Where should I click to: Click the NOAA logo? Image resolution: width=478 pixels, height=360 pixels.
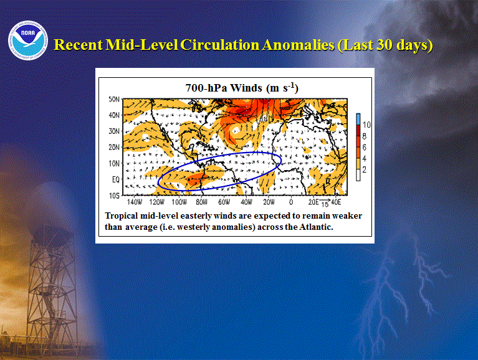pos(28,40)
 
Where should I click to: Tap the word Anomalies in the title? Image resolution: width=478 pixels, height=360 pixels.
pos(298,45)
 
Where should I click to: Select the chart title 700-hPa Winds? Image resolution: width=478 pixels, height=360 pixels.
pos(224,88)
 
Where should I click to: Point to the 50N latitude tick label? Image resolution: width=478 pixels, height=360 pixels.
pos(113,99)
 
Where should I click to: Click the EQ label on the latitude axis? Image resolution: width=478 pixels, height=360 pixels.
pos(115,180)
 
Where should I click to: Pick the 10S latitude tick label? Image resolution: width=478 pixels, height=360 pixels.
pos(114,196)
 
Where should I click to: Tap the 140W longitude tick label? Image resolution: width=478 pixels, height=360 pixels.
pos(135,202)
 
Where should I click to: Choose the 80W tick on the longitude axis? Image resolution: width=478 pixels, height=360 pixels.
pos(201,202)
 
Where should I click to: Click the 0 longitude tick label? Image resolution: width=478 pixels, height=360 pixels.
pos(291,202)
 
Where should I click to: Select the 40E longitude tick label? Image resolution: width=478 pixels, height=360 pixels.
pos(336,202)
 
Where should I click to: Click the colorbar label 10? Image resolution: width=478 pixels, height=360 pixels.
pos(366,125)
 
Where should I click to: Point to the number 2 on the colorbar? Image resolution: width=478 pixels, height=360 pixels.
pos(365,169)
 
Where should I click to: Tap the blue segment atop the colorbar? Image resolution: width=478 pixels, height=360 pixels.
pos(358,119)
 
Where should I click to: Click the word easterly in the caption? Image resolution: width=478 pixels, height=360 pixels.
pos(196,216)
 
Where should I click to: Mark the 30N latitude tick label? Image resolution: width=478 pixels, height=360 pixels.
pos(113,131)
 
